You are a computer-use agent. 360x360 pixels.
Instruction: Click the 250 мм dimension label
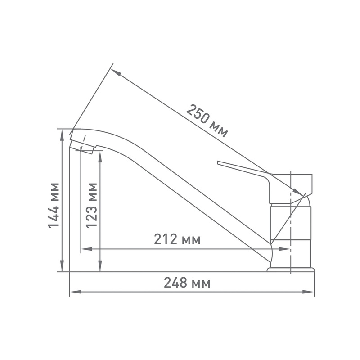(x=207, y=121)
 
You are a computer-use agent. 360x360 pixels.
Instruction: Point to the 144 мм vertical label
(x=54, y=205)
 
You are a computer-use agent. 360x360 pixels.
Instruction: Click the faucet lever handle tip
(x=219, y=163)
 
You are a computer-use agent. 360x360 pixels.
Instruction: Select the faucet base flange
(x=290, y=270)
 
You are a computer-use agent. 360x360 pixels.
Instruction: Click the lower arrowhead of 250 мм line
(x=300, y=193)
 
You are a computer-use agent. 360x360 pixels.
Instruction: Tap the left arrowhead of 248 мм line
(x=73, y=292)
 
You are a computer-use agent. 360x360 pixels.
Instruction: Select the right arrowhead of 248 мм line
(x=311, y=292)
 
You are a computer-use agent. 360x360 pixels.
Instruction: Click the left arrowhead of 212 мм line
(x=84, y=248)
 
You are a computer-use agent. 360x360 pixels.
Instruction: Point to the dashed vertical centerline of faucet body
(x=292, y=252)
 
